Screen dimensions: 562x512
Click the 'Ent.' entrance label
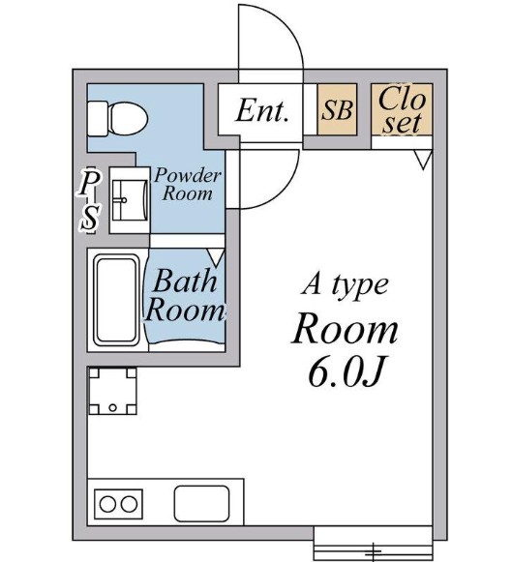click(x=262, y=111)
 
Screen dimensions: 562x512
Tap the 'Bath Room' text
click(x=184, y=297)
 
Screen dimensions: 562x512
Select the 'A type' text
click(x=345, y=284)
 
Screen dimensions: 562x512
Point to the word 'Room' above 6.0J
click(x=346, y=329)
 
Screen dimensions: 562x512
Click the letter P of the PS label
click(x=90, y=182)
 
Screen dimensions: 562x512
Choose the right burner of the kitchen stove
click(x=130, y=504)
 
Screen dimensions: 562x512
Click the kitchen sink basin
click(x=201, y=504)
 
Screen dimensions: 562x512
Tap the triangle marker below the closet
click(x=421, y=159)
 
